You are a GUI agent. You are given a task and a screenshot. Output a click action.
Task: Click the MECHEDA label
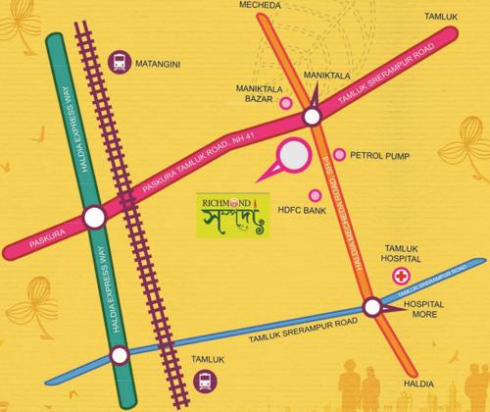point(270,6)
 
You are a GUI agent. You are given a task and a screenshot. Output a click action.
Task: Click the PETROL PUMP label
point(377,155)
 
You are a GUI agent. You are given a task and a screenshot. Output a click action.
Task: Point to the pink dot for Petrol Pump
point(340,155)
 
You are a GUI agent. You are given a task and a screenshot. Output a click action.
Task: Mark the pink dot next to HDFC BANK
point(316,194)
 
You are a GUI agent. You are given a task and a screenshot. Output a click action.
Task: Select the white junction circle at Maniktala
point(313,117)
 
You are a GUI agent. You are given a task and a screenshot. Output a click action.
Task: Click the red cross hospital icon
point(402,278)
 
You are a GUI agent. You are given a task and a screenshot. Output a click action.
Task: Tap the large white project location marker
point(293,157)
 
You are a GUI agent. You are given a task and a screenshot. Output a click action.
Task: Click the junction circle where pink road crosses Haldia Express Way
point(94,217)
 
